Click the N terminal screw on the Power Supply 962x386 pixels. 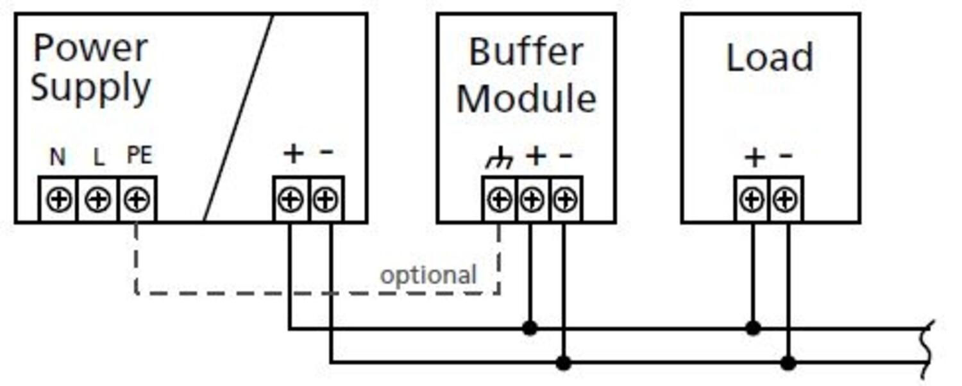tap(58, 201)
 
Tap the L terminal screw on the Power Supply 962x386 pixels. tap(97, 201)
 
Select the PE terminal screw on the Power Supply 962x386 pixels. tap(137, 201)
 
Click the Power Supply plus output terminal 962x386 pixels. tap(291, 201)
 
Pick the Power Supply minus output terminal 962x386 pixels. tap(326, 201)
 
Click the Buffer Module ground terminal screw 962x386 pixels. tap(499, 201)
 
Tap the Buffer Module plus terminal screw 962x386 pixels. tap(531, 201)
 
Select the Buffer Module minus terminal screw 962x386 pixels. tap(565, 201)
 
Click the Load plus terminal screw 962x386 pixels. tap(751, 201)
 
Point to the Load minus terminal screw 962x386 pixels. tap(785, 201)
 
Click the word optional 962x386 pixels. tap(428, 275)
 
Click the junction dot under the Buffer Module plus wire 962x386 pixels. tap(529, 328)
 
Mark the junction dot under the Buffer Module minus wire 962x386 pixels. tap(563, 363)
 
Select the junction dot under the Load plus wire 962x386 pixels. tap(754, 328)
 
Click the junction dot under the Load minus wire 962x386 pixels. tap(788, 363)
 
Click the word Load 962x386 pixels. tap(770, 58)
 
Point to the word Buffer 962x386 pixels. tap(526, 53)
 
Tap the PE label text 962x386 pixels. tap(139, 155)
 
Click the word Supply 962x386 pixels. tap(90, 88)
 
